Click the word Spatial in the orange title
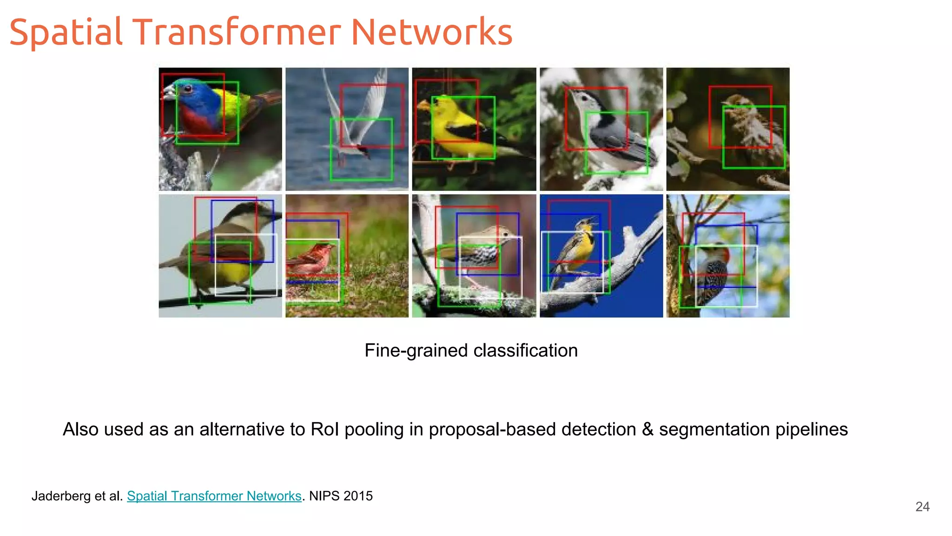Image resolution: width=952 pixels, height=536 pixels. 66,32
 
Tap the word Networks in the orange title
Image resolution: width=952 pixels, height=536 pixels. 431,32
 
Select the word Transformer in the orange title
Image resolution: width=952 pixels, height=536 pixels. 237,32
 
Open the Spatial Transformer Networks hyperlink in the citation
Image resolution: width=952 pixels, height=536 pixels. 214,496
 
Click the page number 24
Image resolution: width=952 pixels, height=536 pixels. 922,507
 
